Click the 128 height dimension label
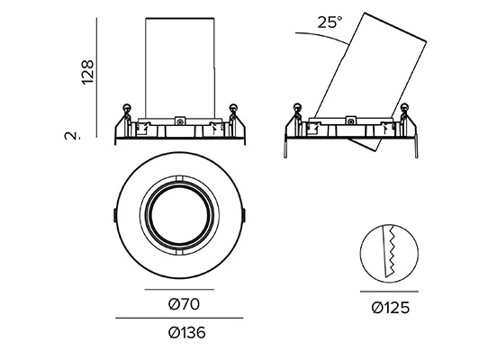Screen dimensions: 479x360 tap(87, 72)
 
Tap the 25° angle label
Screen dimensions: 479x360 tap(330, 22)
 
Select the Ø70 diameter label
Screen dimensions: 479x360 tap(184, 304)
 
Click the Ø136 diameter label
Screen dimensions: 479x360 tap(186, 332)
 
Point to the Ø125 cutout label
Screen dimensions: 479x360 tap(391, 308)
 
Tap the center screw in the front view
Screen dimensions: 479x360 tap(180, 121)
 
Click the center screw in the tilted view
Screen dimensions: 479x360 tap(351, 121)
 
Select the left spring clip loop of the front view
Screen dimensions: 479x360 tap(126, 108)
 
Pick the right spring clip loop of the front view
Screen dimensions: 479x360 tap(234, 108)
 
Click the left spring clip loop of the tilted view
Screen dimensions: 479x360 tap(297, 108)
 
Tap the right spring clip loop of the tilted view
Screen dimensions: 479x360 tap(404, 108)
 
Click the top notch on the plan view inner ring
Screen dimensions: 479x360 tap(179, 178)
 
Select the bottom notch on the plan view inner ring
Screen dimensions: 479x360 tap(179, 252)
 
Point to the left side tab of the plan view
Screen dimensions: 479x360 tap(113, 215)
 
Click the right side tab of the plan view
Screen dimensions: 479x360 tap(245, 215)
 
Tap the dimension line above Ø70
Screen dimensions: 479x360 tap(180, 289)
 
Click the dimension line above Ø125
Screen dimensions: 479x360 tap(389, 292)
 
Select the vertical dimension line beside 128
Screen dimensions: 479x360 tap(97, 77)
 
